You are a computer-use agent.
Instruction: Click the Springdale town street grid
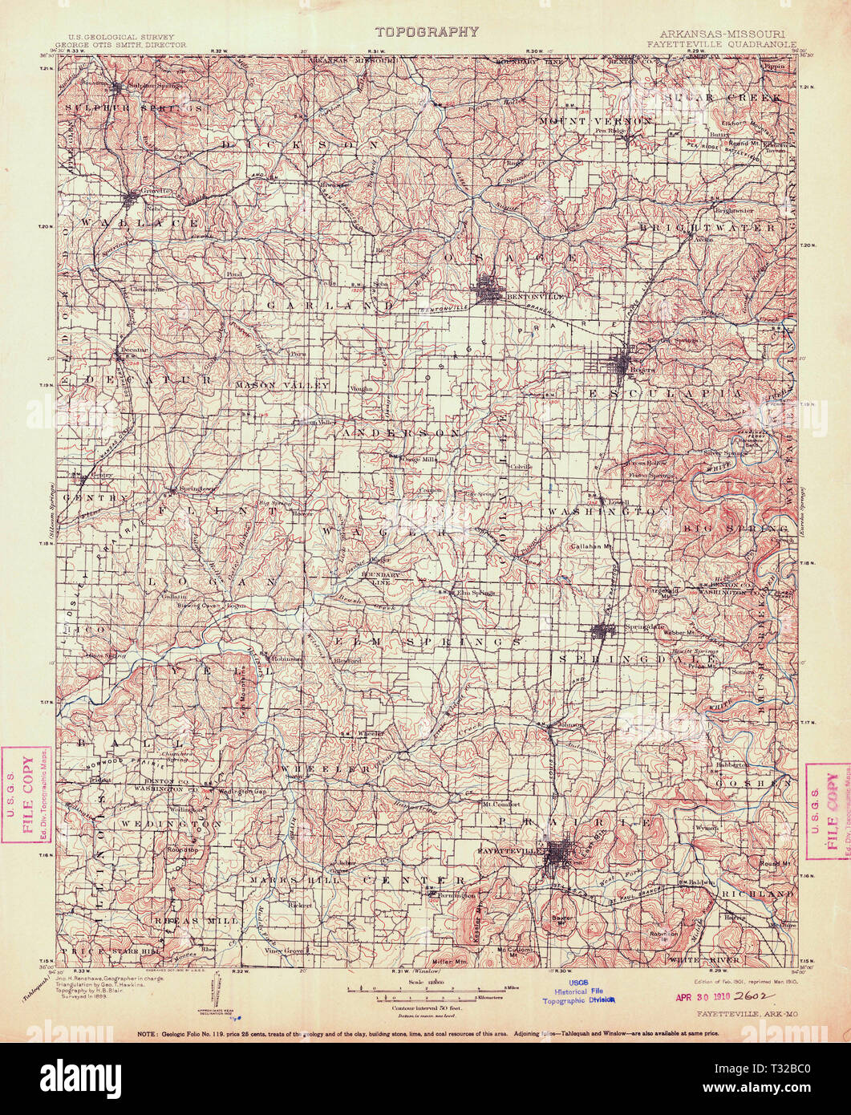pos(604,631)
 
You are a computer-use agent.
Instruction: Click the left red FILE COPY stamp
pos(26,795)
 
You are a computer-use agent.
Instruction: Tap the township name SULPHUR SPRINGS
pos(134,106)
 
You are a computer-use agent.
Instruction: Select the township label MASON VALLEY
pos(282,386)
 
